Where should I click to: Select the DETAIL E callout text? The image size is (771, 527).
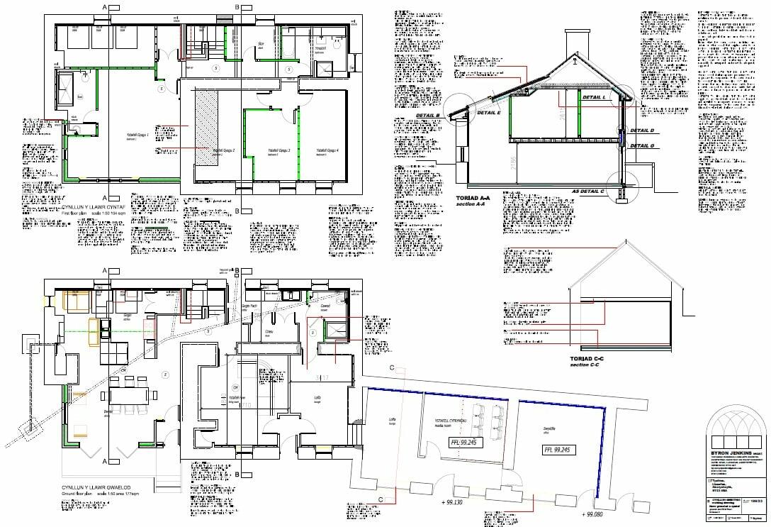tap(490, 112)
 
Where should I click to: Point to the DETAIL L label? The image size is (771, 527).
tap(594, 96)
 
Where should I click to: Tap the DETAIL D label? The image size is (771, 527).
tap(642, 131)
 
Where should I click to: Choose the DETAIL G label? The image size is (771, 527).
tap(642, 145)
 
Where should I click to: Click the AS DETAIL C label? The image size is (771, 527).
tap(588, 192)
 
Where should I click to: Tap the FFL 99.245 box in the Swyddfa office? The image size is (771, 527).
tap(559, 449)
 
